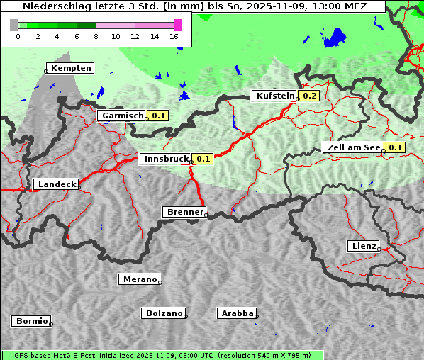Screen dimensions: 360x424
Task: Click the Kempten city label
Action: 71,68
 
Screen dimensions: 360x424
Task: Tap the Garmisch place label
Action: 123,116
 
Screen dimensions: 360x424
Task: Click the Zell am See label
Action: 352,147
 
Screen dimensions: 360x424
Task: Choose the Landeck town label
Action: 56,184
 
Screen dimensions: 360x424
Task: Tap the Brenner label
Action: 184,212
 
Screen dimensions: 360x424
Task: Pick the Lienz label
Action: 363,246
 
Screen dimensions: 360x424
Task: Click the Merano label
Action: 139,279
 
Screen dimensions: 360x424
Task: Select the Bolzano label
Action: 164,313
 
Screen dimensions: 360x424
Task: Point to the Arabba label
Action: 237,313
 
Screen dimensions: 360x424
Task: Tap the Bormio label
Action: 32,321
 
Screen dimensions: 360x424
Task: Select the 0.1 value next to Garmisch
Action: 158,116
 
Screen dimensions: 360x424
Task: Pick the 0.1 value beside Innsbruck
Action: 203,159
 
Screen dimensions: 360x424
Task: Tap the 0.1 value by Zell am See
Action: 395,147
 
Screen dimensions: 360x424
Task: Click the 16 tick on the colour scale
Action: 174,36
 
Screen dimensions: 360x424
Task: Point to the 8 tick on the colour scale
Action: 96,36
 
